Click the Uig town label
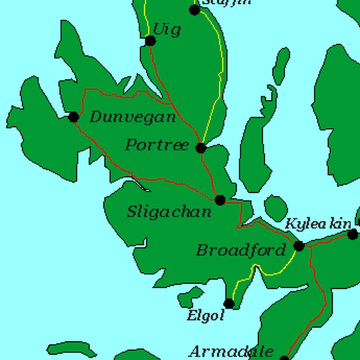(166, 29)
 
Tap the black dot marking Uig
(150, 40)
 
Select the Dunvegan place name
(132, 117)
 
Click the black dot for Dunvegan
(73, 117)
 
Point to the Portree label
(157, 145)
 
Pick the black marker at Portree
(200, 147)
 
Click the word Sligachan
(169, 212)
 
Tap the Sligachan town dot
(220, 200)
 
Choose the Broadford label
(240, 250)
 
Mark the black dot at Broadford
(299, 246)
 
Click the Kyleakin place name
(318, 224)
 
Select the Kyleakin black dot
(353, 234)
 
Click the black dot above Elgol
(229, 303)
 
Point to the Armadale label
(231, 352)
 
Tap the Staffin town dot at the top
(195, 9)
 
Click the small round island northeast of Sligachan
(275, 207)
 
